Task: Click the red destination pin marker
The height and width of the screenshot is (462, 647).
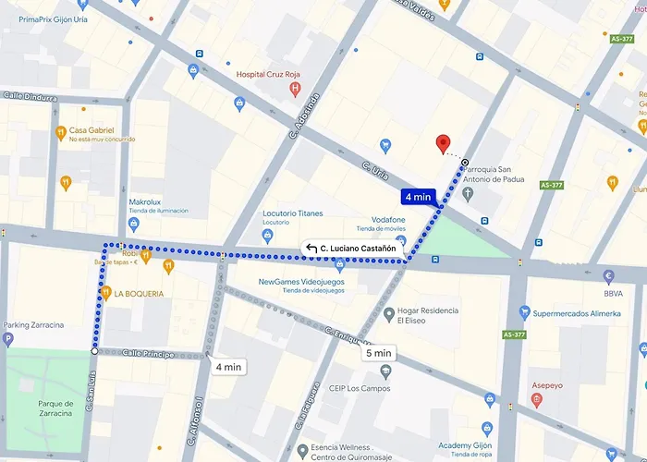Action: [443, 143]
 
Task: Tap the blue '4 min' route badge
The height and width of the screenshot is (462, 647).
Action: [417, 196]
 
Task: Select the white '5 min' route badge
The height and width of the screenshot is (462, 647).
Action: [379, 353]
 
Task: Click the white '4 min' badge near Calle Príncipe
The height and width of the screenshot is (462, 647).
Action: [227, 367]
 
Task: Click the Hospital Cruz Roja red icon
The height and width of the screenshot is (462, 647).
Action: [295, 90]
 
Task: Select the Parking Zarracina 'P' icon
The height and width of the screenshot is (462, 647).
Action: [8, 340]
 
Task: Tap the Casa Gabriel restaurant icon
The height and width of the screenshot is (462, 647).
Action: [60, 131]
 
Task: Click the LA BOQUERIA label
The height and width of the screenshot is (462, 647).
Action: [139, 294]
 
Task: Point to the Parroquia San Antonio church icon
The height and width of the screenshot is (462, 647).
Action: [469, 194]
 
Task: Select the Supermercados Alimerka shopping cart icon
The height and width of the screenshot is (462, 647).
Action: [524, 312]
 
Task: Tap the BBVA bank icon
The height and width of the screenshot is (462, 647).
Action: [607, 276]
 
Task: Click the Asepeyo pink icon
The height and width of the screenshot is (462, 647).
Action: [536, 400]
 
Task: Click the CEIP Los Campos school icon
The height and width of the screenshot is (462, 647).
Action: [385, 371]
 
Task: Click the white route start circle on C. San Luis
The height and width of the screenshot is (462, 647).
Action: [94, 351]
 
